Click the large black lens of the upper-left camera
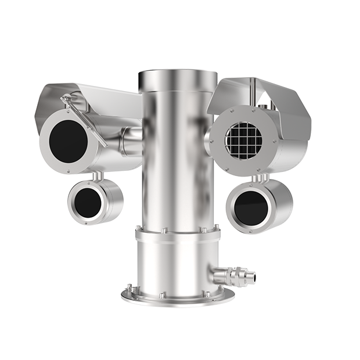click(x=69, y=141)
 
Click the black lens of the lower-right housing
click(x=250, y=206)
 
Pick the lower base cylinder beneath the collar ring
click(x=174, y=264)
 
